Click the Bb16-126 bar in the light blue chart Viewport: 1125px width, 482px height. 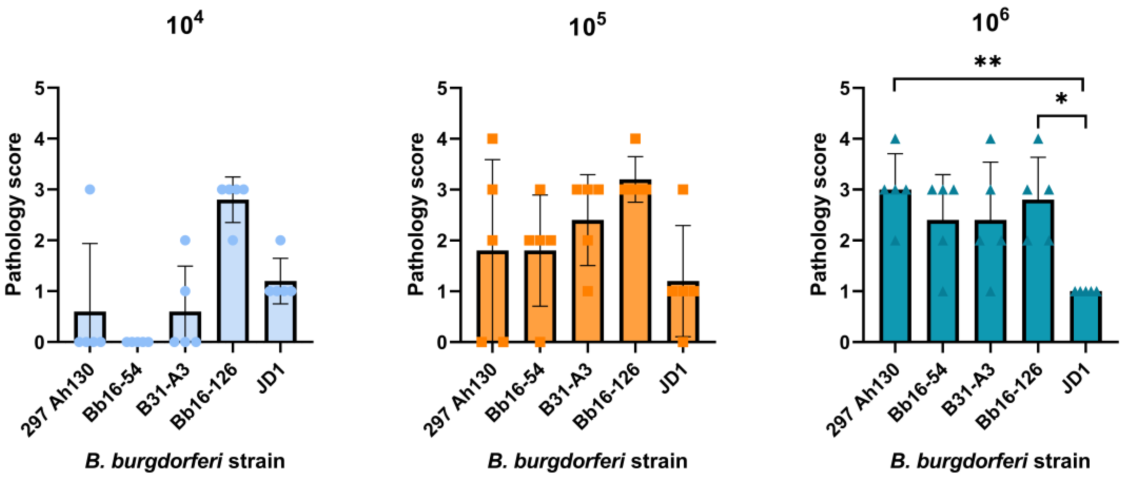[x=233, y=271]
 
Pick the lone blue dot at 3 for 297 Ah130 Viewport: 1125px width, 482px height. [x=90, y=189]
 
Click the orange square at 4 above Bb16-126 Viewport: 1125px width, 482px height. [x=635, y=139]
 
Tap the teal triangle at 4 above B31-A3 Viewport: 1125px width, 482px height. [x=991, y=139]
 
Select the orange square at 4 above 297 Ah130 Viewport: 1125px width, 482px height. [x=492, y=139]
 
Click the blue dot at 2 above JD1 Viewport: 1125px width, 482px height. [x=280, y=240]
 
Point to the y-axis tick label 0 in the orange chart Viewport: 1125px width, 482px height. [x=442, y=343]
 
